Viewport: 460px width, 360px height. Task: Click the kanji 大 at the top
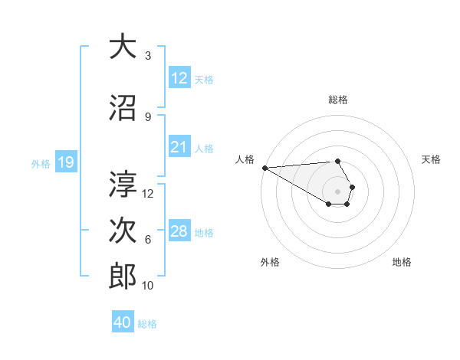pyautogui.click(x=123, y=47)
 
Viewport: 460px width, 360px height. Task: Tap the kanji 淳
pyautogui.click(x=123, y=184)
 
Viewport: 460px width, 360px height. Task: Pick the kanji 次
pyautogui.click(x=123, y=231)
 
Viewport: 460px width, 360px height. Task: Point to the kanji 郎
pyautogui.click(x=123, y=277)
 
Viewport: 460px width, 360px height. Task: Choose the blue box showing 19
pyautogui.click(x=65, y=162)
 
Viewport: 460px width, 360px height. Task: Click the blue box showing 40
pyautogui.click(x=123, y=322)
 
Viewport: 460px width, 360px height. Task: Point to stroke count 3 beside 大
pyautogui.click(x=148, y=56)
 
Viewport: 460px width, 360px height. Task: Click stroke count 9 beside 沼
pyautogui.click(x=148, y=116)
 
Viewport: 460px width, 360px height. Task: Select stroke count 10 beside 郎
pyautogui.click(x=148, y=286)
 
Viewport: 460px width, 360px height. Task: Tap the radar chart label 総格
pyautogui.click(x=338, y=100)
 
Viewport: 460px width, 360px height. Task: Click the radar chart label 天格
pyautogui.click(x=431, y=159)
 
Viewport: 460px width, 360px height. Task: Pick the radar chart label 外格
pyautogui.click(x=270, y=262)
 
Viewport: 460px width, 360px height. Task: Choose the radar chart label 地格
pyautogui.click(x=402, y=262)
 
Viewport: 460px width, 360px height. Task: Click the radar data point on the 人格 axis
pyautogui.click(x=264, y=168)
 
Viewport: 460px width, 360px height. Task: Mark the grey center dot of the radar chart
pyautogui.click(x=337, y=191)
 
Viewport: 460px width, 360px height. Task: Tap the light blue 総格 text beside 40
pyautogui.click(x=147, y=324)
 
